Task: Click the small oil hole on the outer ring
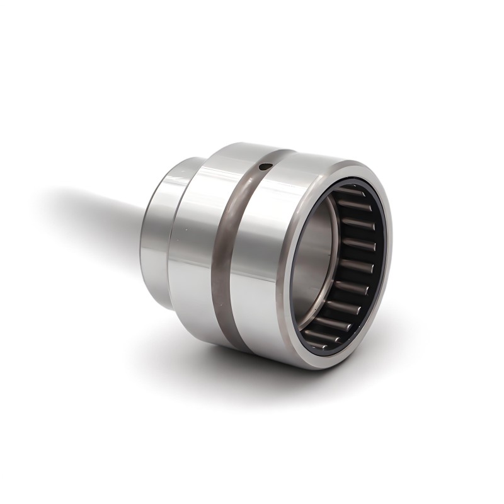click(x=265, y=166)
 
